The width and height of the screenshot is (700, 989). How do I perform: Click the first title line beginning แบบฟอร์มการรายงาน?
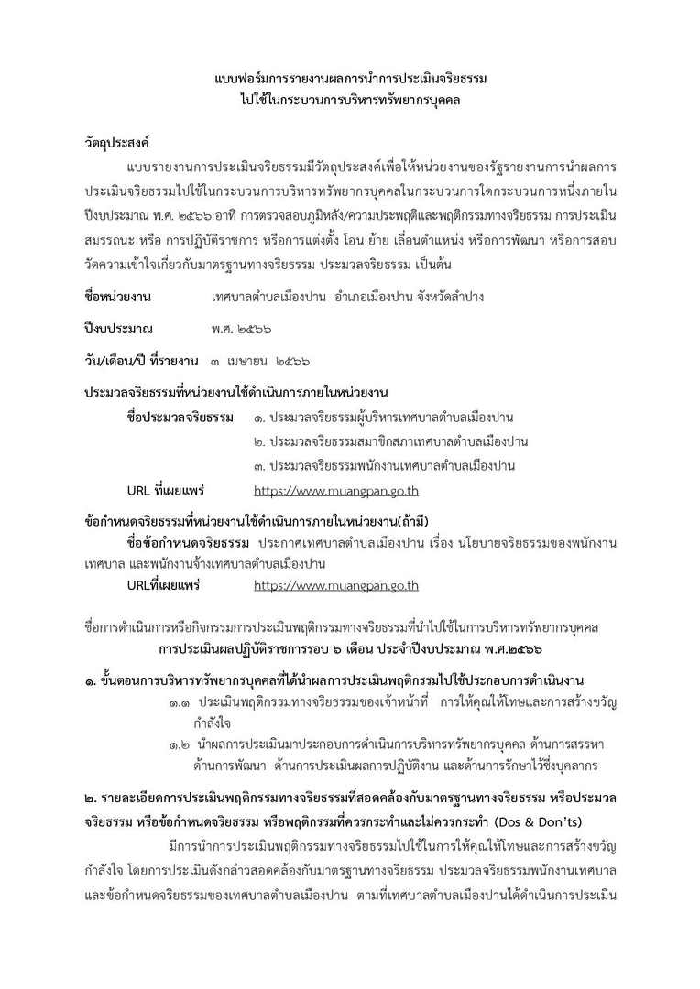[x=350, y=80]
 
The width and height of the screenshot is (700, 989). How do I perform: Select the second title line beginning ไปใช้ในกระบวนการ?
[x=350, y=101]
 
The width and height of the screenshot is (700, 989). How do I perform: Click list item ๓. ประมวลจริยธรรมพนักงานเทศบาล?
[x=385, y=466]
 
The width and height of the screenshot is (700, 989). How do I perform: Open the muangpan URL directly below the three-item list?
[x=336, y=490]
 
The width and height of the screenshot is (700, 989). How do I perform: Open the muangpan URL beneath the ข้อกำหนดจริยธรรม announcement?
[x=336, y=585]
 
